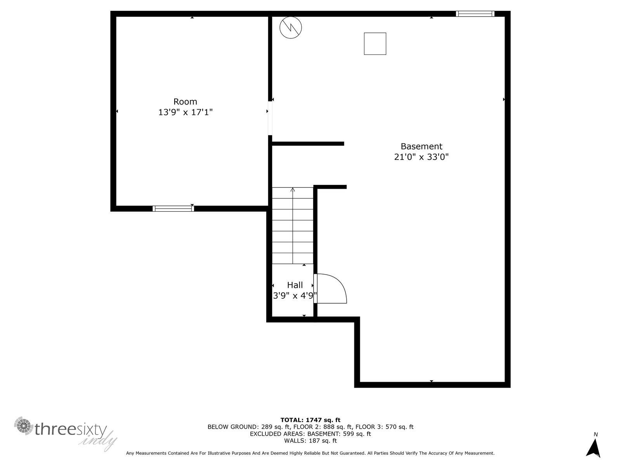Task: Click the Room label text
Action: pyautogui.click(x=185, y=102)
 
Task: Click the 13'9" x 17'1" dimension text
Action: pyautogui.click(x=185, y=113)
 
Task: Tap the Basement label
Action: pyautogui.click(x=421, y=146)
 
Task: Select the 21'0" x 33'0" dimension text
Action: pyautogui.click(x=421, y=157)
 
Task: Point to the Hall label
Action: pyautogui.click(x=295, y=285)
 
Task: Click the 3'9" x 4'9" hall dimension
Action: pyautogui.click(x=295, y=296)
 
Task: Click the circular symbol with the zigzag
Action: pyautogui.click(x=291, y=27)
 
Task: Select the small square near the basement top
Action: pyautogui.click(x=375, y=43)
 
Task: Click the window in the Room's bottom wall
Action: pyautogui.click(x=173, y=209)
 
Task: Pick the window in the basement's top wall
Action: pyautogui.click(x=475, y=14)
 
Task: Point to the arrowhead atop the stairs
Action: pyautogui.click(x=293, y=190)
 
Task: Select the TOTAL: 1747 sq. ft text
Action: pyautogui.click(x=310, y=420)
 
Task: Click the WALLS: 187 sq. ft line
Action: pyautogui.click(x=310, y=441)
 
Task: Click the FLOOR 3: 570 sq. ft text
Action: pyautogui.click(x=384, y=427)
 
